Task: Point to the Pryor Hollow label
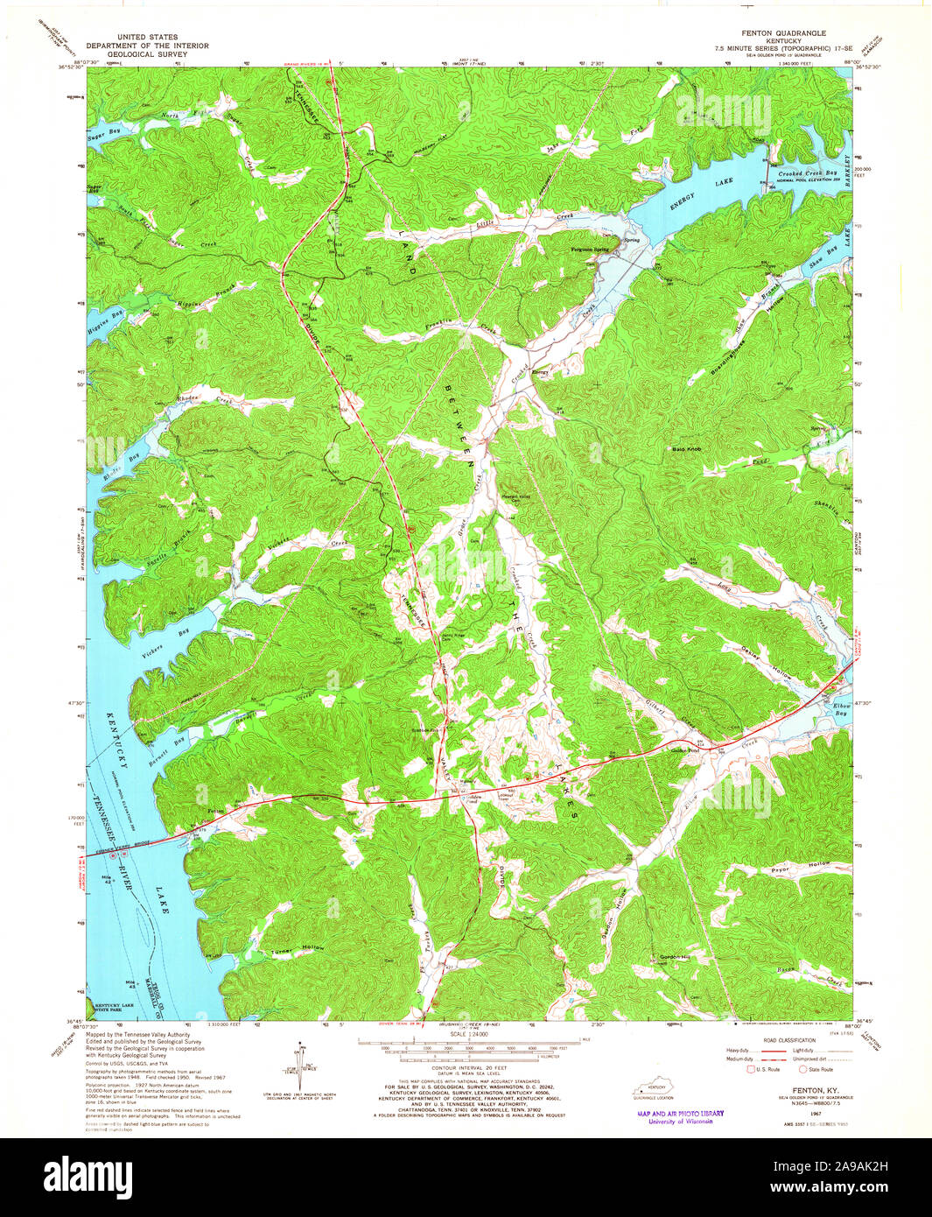click(792, 864)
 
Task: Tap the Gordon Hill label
click(676, 956)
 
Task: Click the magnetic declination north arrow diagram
click(300, 1064)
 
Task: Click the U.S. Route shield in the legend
click(750, 1069)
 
